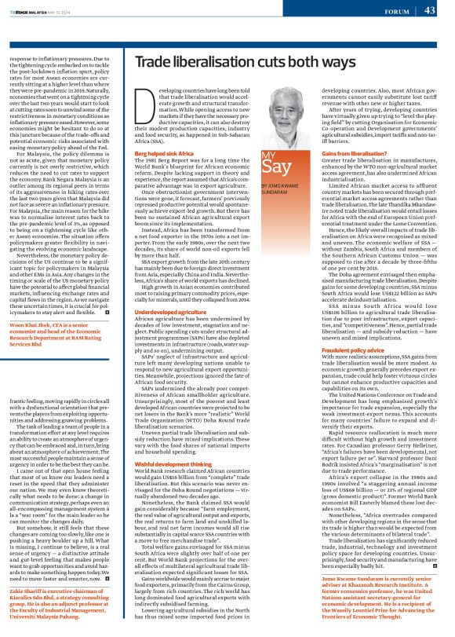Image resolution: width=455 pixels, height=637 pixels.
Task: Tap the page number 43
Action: click(x=430, y=10)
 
